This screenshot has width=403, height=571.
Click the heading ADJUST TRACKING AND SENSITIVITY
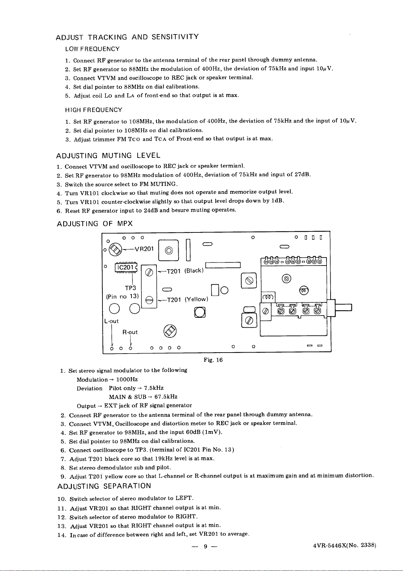(127, 37)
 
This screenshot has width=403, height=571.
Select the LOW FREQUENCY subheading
(92, 49)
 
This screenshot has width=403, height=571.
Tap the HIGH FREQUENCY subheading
(94, 110)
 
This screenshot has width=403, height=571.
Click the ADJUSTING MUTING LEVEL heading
(108, 156)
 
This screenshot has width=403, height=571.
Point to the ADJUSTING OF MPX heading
(95, 224)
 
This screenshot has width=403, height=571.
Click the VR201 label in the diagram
(144, 249)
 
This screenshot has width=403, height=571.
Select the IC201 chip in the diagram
(126, 267)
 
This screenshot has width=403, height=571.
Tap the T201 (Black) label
(185, 271)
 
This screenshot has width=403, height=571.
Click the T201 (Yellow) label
(187, 300)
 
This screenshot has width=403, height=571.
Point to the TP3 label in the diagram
(130, 288)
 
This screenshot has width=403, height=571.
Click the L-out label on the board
(111, 321)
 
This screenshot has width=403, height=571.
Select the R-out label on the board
(130, 332)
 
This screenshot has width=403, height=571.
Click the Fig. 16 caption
(213, 360)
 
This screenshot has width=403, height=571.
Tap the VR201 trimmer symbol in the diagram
(115, 249)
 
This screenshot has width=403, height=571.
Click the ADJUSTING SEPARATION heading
(104, 486)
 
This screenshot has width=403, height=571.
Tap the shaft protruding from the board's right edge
(343, 308)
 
